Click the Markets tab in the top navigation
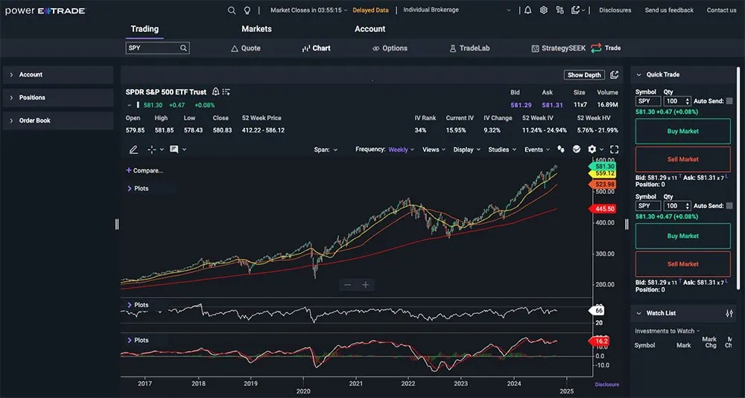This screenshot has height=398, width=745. click(x=256, y=29)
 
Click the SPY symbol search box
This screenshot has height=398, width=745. click(x=153, y=48)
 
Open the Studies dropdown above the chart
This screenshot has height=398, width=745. click(x=501, y=150)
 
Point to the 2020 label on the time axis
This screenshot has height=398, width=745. click(x=303, y=391)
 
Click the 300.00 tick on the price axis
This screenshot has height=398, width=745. click(x=605, y=254)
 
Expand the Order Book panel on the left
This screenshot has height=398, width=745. click(x=35, y=121)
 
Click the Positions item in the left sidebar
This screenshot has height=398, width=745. click(x=32, y=97)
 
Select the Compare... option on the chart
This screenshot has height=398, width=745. click(x=147, y=170)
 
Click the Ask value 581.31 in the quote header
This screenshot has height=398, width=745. click(x=552, y=106)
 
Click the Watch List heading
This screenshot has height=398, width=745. click(x=661, y=313)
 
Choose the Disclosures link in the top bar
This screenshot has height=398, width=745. click(x=615, y=10)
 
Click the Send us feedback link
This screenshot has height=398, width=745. click(x=668, y=10)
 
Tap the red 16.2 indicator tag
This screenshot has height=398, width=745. click(x=601, y=341)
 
